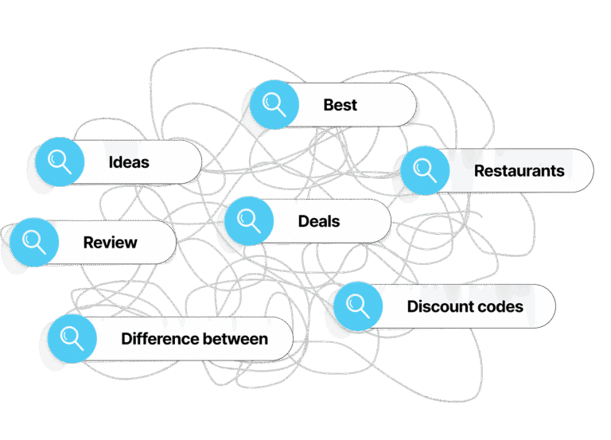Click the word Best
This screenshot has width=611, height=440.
[341, 105]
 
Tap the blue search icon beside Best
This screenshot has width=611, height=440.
[274, 104]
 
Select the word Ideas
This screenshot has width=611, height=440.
[129, 162]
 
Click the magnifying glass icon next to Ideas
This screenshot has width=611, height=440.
[60, 162]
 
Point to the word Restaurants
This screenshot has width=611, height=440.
[519, 171]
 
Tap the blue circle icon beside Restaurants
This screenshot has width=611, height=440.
[425, 170]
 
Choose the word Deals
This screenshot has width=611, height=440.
[319, 221]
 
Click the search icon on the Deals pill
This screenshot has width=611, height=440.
[249, 220]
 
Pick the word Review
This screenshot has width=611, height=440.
[111, 243]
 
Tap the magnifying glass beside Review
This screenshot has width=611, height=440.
[34, 242]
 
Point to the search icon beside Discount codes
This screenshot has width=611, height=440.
[358, 306]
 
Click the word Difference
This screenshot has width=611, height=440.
[160, 339]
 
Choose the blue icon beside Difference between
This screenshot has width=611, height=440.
[72, 339]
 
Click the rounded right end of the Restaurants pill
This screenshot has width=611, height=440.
[593, 170]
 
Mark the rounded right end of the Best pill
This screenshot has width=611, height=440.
[415, 104]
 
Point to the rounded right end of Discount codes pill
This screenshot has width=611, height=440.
[555, 306]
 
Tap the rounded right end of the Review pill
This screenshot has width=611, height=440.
[175, 242]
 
